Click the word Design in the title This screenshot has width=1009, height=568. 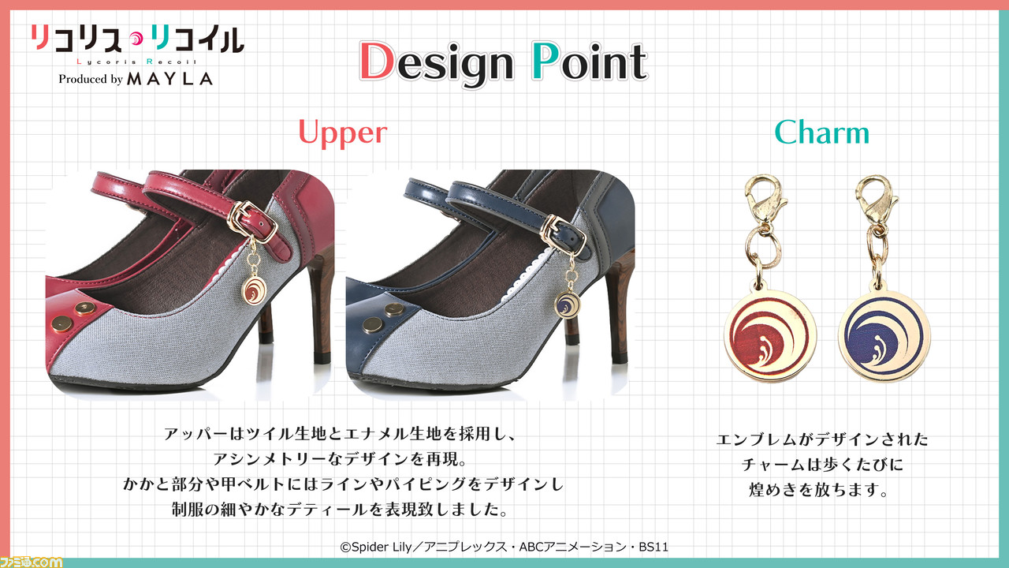tap(437, 62)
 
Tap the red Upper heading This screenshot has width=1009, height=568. tap(343, 133)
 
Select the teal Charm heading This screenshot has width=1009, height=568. tap(821, 133)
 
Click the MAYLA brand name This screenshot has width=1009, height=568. tap(169, 80)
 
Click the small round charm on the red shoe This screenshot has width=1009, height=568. tap(255, 290)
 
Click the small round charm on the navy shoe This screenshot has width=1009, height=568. tap(568, 304)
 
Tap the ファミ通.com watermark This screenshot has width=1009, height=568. tap(32, 562)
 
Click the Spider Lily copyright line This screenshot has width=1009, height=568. tap(504, 547)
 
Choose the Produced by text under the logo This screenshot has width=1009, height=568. tap(91, 80)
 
